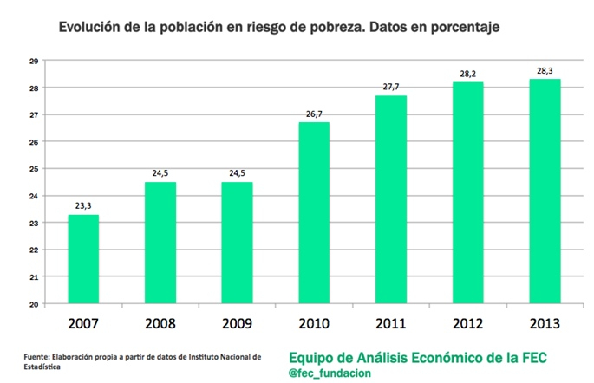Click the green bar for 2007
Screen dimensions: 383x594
(84, 259)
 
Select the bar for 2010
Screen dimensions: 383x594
(314, 213)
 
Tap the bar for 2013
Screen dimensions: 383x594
(544, 191)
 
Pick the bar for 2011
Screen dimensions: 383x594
(390, 199)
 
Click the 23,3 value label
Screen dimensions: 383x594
(84, 204)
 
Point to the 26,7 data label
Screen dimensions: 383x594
(314, 113)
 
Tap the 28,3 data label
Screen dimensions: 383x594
(544, 69)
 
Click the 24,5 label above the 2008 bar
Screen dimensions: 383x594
(160, 172)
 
